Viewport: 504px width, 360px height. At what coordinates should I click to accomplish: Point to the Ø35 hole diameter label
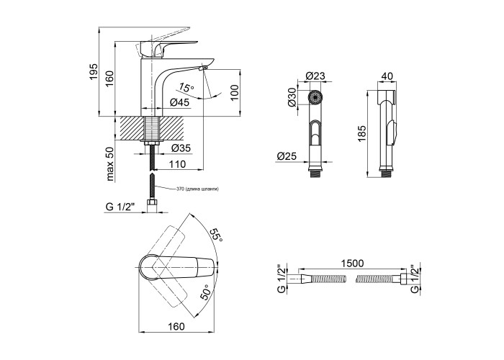pos(181,149)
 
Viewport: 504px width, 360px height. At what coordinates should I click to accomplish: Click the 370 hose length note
pos(197,189)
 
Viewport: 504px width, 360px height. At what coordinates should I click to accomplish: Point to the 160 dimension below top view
pos(176,326)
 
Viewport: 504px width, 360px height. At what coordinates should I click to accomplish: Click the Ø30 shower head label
pos(292,97)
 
